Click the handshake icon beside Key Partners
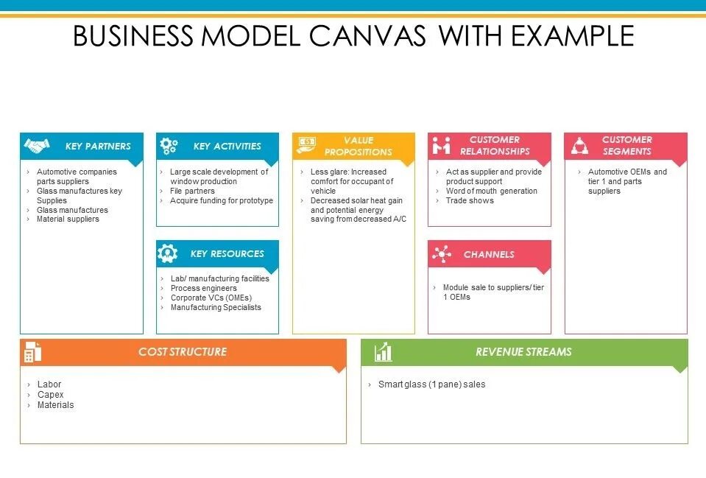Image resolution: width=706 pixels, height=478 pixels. click(36, 146)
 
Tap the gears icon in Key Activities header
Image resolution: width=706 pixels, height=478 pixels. click(169, 146)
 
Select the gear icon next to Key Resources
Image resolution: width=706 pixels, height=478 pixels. click(168, 254)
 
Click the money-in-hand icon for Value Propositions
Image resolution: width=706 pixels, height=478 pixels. click(306, 145)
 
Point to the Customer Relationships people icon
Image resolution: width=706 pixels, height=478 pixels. click(441, 145)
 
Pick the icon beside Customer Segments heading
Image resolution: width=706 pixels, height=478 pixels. click(579, 145)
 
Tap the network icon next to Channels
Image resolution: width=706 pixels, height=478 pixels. click(442, 255)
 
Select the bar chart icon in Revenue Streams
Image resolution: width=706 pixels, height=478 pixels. click(383, 352)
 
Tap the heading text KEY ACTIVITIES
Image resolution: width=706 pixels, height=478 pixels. click(227, 146)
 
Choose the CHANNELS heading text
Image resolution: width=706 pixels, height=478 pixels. click(489, 255)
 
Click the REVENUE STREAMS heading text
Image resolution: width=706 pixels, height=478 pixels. click(523, 352)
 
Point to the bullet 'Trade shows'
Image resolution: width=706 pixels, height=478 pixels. click(470, 200)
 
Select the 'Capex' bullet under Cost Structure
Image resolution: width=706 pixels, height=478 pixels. click(50, 395)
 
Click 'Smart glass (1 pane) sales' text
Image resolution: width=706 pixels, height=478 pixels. click(431, 384)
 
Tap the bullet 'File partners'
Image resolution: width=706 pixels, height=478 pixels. click(192, 191)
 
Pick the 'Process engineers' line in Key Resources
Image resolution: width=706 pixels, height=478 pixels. click(203, 288)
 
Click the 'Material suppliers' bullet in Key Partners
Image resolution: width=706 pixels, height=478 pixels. click(68, 219)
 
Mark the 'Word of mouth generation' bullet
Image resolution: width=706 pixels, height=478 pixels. click(491, 191)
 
